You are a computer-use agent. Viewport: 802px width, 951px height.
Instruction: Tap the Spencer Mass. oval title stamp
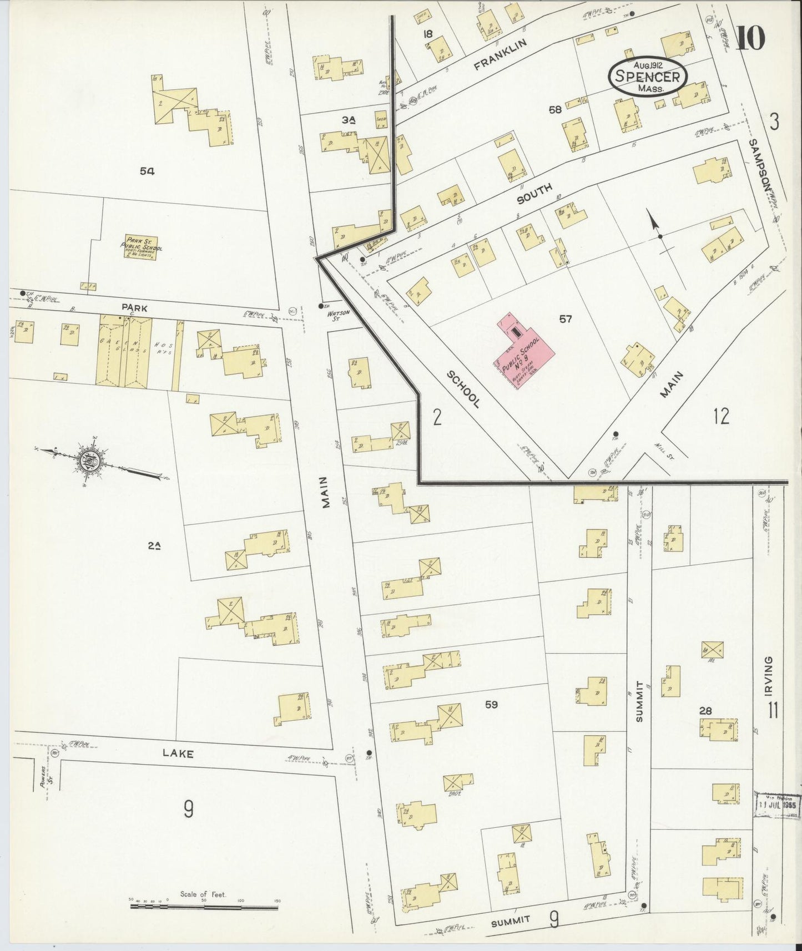(648, 77)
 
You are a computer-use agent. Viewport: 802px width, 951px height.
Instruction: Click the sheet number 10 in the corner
(750, 38)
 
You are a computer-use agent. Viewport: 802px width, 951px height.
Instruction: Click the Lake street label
(178, 753)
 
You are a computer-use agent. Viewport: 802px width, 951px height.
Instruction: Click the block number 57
(565, 319)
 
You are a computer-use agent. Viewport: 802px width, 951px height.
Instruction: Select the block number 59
(491, 705)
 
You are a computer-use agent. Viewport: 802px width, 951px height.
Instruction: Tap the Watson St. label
(340, 316)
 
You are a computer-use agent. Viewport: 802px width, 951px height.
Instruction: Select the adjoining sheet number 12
(721, 416)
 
